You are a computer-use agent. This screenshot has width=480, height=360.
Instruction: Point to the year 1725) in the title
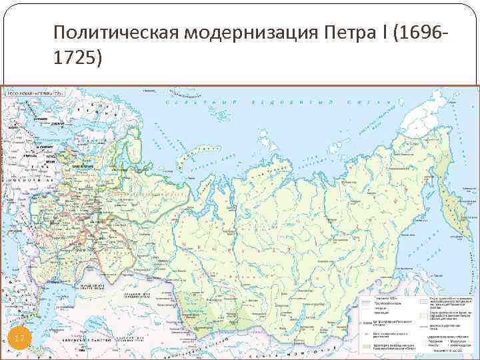(79, 59)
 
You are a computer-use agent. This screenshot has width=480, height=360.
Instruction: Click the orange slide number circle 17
(19, 341)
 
